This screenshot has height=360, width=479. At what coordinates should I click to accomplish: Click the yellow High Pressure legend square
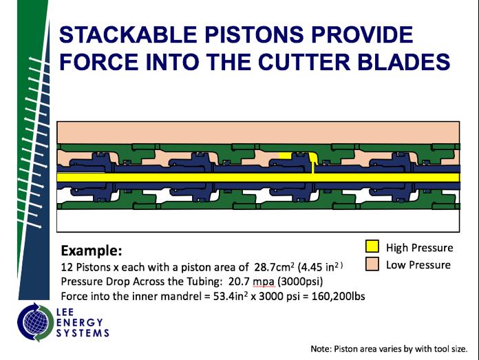(x=372, y=247)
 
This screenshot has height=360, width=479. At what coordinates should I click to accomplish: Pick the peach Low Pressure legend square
(x=372, y=264)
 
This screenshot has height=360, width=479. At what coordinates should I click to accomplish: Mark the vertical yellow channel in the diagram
(x=314, y=165)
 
